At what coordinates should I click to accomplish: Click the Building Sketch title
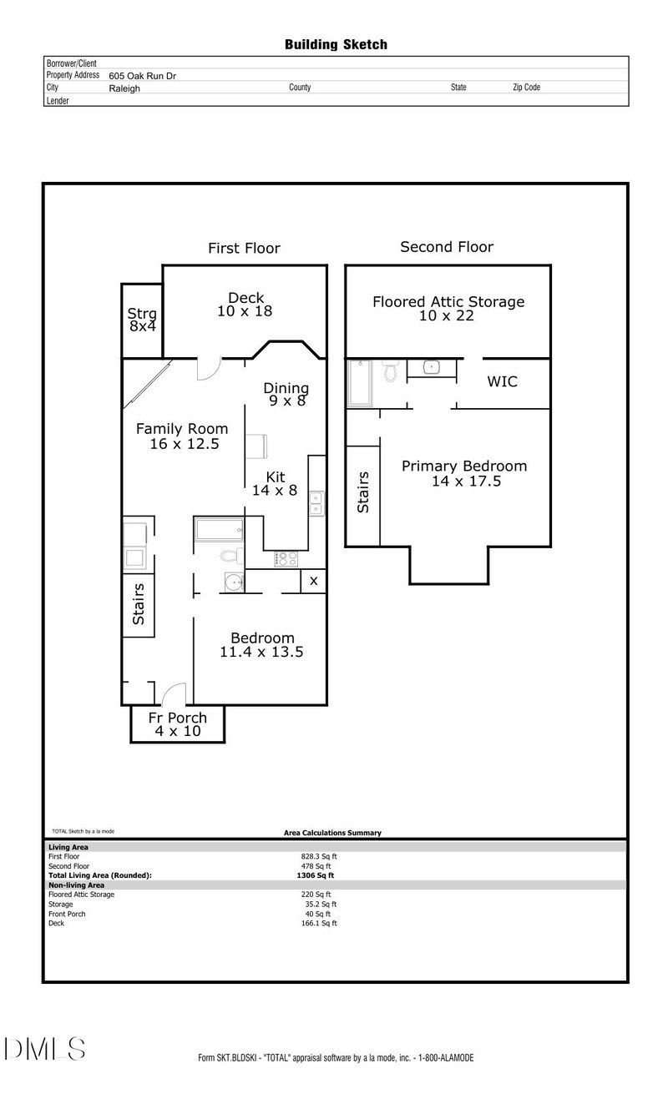pos(336,44)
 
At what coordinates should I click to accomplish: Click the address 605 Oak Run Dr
pos(142,75)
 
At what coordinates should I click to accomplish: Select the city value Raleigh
pos(124,88)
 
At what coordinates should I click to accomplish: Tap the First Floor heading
pos(244,248)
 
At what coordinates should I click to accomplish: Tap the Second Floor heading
pos(447,247)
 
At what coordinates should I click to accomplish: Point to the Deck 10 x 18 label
pos(245,305)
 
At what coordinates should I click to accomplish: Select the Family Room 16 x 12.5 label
pos(182,436)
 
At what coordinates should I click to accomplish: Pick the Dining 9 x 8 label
pos(286,394)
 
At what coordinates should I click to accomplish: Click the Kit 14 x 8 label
pos(275,484)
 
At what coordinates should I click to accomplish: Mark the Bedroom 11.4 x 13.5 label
pos(261,645)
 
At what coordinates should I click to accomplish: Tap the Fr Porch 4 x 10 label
pos(178,724)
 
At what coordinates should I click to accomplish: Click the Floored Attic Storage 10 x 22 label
pos(448,308)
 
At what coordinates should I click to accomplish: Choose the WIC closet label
pos(502,381)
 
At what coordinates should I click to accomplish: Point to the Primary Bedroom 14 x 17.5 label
pos(463,473)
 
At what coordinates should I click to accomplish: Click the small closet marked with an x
pos(313,581)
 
